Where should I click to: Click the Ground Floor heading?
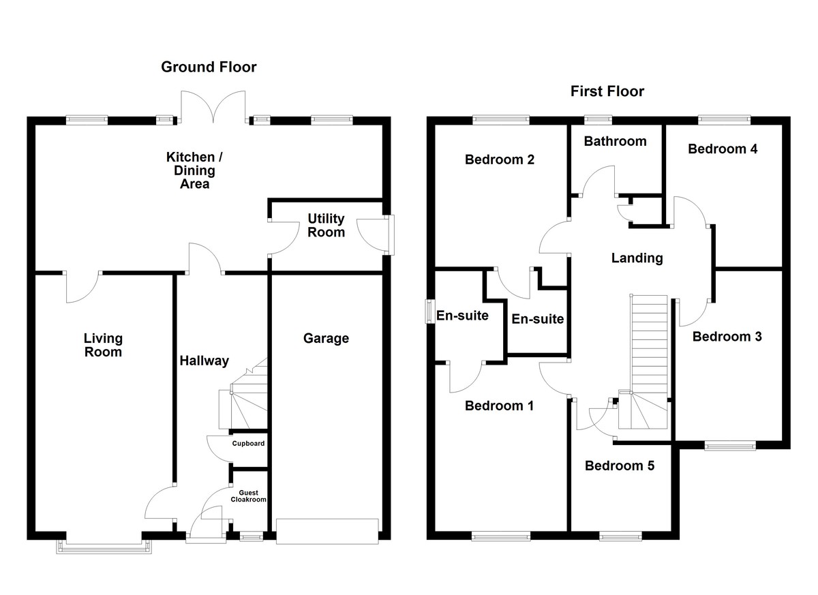(209, 67)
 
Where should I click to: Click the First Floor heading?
(607, 91)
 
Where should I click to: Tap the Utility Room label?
(326, 226)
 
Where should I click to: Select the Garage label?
(326, 338)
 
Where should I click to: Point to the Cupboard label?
(248, 444)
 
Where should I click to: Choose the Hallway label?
(204, 361)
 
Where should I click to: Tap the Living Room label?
(103, 345)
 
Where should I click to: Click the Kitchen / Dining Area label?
(194, 170)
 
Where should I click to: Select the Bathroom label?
(615, 141)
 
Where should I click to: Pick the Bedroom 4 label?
(723, 149)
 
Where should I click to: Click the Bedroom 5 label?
(620, 466)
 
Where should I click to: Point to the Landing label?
(637, 258)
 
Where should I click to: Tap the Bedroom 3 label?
(727, 336)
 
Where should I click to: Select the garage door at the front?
(327, 531)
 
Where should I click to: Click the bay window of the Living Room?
(104, 545)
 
